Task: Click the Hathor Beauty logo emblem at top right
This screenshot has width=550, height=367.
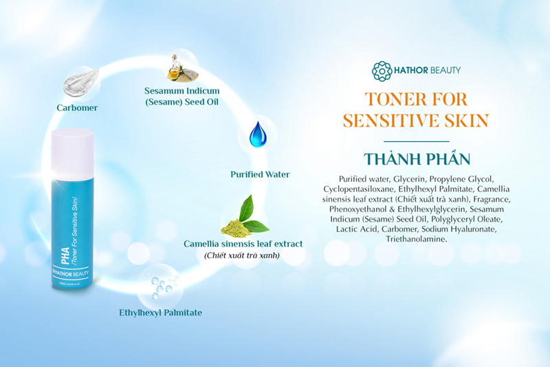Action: pos(382,70)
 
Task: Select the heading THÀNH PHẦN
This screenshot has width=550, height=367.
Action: pos(417,158)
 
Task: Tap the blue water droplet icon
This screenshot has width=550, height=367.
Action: pos(257,134)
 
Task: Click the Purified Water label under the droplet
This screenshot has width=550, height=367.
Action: pos(260,174)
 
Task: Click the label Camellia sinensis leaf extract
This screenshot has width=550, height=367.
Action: pos(243,244)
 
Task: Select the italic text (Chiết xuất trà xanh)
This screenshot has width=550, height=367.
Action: pos(243,256)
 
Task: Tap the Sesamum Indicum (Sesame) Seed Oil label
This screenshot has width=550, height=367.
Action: pos(181,96)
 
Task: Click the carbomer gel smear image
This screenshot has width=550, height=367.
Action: pos(82,84)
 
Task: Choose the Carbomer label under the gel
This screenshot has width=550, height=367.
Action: pos(77,108)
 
